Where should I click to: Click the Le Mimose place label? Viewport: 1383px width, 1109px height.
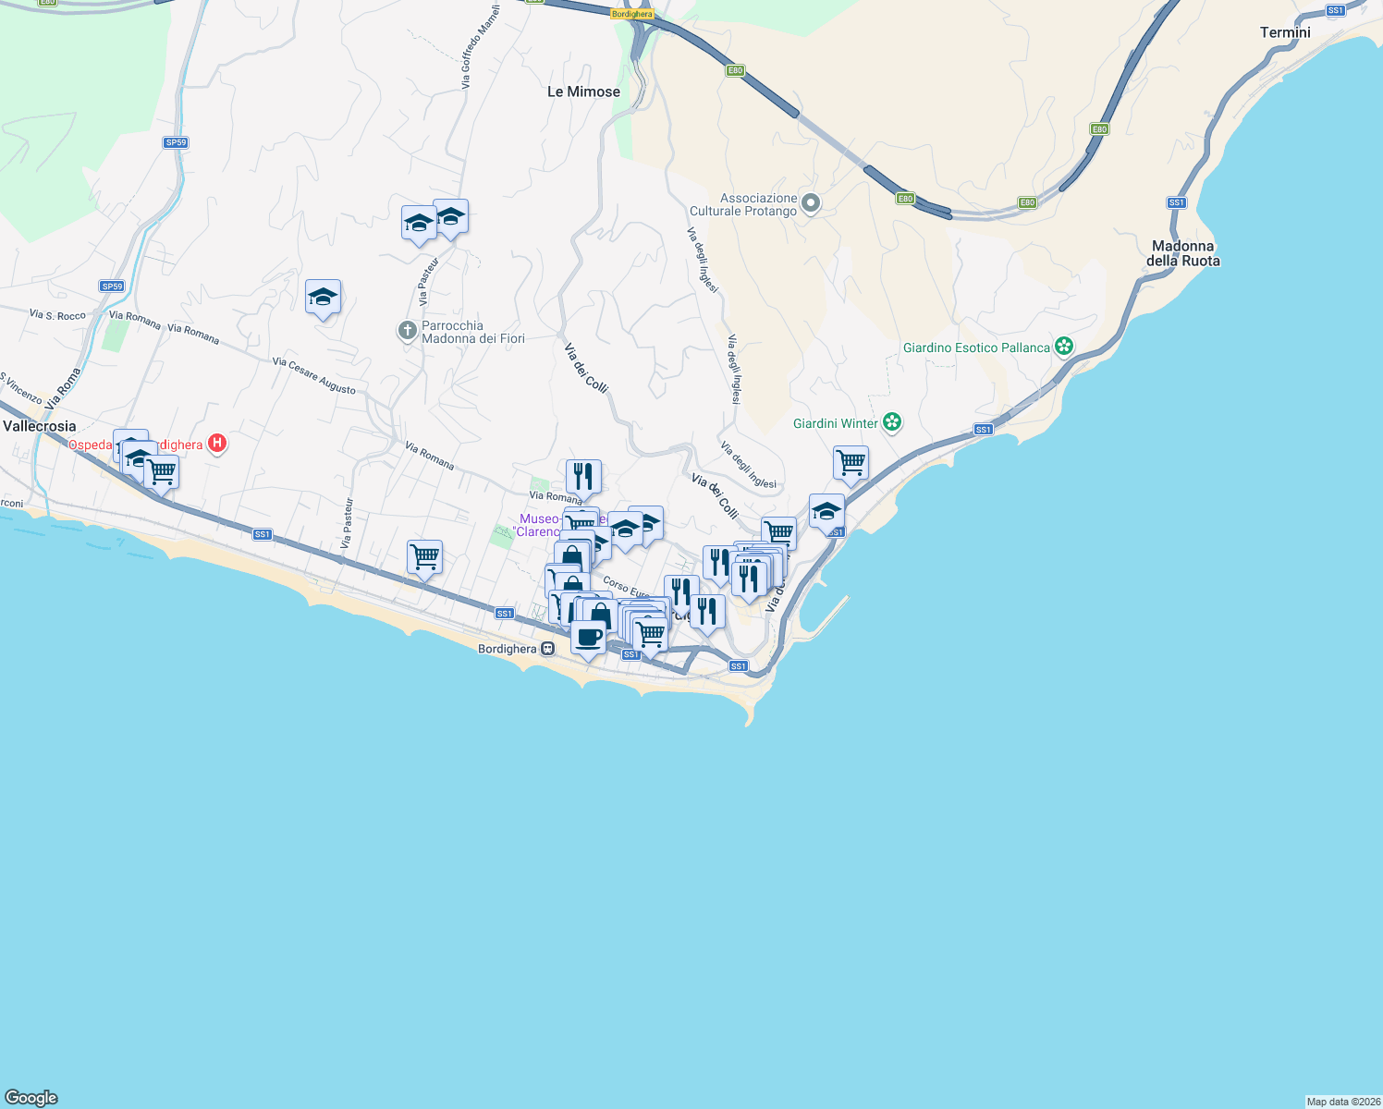click(583, 91)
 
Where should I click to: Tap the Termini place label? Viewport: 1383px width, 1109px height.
click(1285, 32)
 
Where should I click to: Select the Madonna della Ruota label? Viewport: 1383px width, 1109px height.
click(1182, 253)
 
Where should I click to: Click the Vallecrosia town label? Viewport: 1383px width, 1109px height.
click(40, 426)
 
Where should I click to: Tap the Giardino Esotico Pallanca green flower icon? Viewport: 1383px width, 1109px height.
click(1064, 347)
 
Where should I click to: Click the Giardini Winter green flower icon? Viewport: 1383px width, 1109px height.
click(892, 422)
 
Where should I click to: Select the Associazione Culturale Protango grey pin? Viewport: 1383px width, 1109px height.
click(811, 203)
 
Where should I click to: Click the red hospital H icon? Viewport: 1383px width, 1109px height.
click(217, 444)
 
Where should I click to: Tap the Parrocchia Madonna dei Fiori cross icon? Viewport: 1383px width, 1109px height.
click(407, 330)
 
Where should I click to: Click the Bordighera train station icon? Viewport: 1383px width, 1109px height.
click(548, 649)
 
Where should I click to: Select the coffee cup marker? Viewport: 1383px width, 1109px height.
click(589, 637)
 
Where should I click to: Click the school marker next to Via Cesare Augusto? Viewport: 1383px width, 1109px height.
click(323, 298)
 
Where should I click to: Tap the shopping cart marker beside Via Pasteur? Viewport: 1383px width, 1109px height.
click(424, 558)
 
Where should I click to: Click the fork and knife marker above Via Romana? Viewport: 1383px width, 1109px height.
click(583, 477)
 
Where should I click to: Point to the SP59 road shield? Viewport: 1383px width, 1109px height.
click(176, 142)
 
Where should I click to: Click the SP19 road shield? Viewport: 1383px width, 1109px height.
click(112, 286)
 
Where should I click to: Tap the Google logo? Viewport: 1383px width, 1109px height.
click(31, 1098)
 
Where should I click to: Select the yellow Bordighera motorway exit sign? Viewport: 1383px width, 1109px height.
click(632, 14)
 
